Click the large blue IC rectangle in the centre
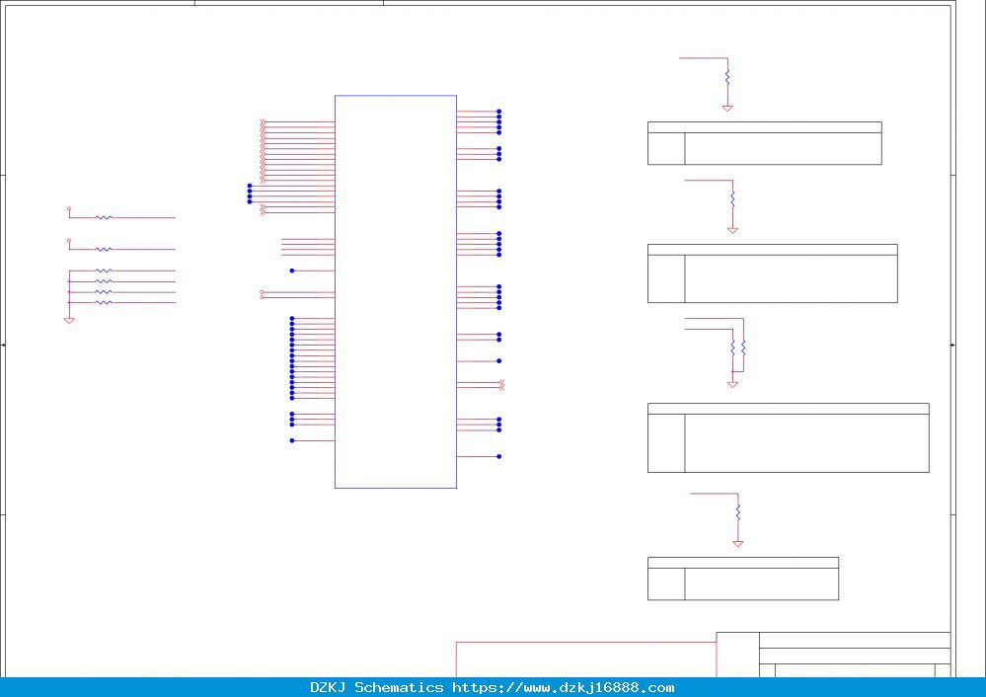pyautogui.click(x=335, y=291)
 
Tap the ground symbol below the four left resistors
pyautogui.click(x=69, y=321)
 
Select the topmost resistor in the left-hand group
pyautogui.click(x=104, y=217)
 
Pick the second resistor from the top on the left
pyautogui.click(x=104, y=249)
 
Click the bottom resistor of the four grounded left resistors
pyautogui.click(x=104, y=302)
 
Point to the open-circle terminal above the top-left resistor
pyautogui.click(x=69, y=208)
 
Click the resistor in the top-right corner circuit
pyautogui.click(x=727, y=77)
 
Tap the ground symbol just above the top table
pyautogui.click(x=727, y=109)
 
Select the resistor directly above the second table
pyautogui.click(x=732, y=199)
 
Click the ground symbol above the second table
pyautogui.click(x=732, y=231)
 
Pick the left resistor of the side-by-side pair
pyautogui.click(x=732, y=348)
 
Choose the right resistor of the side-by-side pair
pyautogui.click(x=743, y=348)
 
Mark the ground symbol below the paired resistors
pyautogui.click(x=732, y=384)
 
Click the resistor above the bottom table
pyautogui.click(x=738, y=512)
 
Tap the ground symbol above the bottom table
pyautogui.click(x=738, y=544)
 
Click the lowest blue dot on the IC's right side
pyautogui.click(x=499, y=457)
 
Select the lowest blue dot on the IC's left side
pyautogui.click(x=292, y=440)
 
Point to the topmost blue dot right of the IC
pyautogui.click(x=499, y=112)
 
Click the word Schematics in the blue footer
pyautogui.click(x=399, y=687)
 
